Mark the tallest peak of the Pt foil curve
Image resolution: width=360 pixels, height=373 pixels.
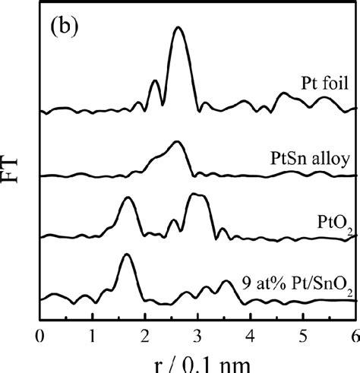[x=178, y=28]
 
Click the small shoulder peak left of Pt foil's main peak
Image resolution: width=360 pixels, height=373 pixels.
[x=155, y=81]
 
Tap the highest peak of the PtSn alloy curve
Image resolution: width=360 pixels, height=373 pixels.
[x=177, y=142]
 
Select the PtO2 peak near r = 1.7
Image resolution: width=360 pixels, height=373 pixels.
[x=128, y=198]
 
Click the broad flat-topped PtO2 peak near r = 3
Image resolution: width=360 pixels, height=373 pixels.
[x=198, y=195]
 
